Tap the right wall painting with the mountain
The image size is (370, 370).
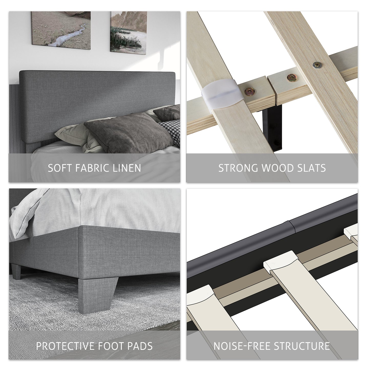tap(129, 32)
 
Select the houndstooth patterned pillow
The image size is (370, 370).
tap(170, 131)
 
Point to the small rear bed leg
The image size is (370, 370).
tap(16, 271)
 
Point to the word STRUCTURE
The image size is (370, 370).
tap(302, 346)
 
